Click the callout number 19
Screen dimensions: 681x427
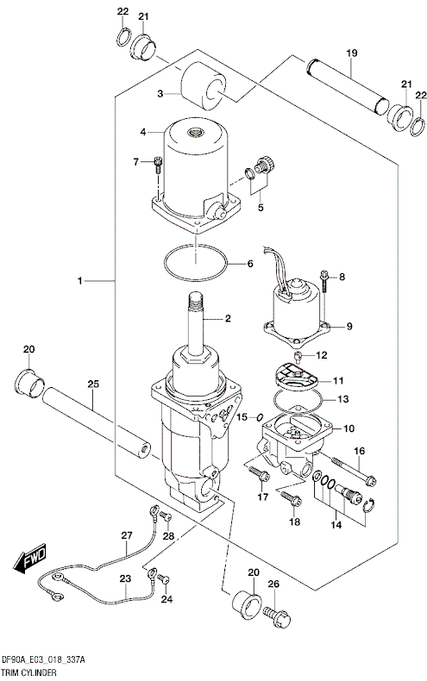[x=351, y=53]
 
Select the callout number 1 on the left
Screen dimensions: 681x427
[x=79, y=281]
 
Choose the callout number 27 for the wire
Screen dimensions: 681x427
[x=127, y=535]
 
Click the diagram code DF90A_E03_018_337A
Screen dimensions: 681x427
[x=48, y=658]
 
